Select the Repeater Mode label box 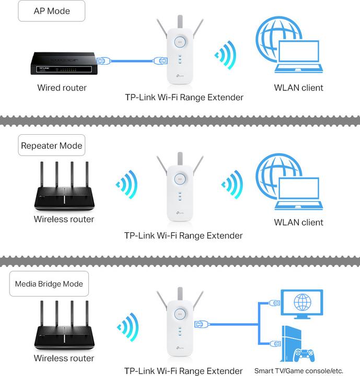click(x=52, y=145)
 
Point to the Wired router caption click(x=62, y=88)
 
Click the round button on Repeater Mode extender click(x=179, y=178)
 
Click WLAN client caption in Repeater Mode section click(x=298, y=222)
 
